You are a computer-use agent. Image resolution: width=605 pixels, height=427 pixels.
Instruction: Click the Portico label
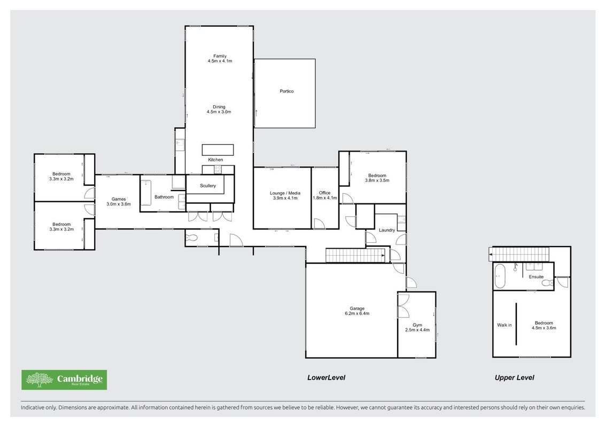(x=286, y=91)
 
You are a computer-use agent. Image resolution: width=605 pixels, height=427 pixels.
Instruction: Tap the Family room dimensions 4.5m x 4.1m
(x=220, y=61)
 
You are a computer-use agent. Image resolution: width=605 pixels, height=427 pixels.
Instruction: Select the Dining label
(x=219, y=107)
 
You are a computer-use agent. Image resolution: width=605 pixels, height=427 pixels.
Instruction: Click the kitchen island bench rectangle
(x=218, y=149)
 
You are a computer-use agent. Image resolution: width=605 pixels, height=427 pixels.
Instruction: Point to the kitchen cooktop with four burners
(x=218, y=169)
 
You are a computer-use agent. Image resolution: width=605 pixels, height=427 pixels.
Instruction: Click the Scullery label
(x=208, y=186)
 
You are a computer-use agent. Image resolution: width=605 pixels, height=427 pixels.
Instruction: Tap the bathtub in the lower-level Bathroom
(x=146, y=193)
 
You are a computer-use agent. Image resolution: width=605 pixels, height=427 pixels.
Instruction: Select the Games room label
(x=119, y=199)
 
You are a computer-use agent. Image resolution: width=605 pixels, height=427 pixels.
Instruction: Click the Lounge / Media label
(x=285, y=193)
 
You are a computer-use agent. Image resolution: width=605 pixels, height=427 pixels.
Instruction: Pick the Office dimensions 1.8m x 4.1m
(x=325, y=198)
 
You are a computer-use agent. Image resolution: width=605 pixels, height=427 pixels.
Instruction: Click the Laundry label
(x=387, y=230)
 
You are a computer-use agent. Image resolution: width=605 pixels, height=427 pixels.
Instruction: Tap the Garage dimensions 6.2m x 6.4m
(x=357, y=313)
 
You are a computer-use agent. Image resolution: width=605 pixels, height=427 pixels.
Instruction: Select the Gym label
(x=417, y=325)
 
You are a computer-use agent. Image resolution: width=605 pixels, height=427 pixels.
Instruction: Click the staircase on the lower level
(x=355, y=256)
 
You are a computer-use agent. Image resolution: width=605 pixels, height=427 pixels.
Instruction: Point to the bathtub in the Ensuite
(x=500, y=276)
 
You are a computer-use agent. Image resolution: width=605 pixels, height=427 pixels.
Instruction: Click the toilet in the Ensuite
(x=547, y=283)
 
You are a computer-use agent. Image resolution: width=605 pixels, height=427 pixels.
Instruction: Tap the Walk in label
(x=505, y=325)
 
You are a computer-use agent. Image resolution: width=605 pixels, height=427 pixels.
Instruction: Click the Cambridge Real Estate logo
(x=64, y=380)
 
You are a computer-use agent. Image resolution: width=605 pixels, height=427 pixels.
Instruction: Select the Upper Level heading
(x=514, y=378)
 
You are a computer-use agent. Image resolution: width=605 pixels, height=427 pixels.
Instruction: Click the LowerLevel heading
(x=327, y=378)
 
